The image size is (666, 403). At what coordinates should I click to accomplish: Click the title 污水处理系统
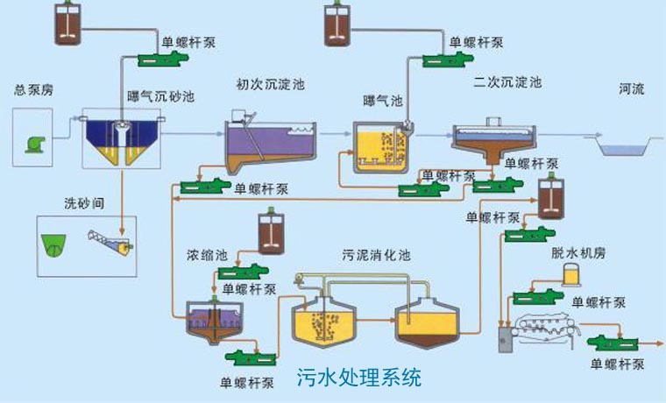[x=359, y=378]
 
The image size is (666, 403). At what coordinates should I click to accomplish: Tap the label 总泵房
[x=32, y=90]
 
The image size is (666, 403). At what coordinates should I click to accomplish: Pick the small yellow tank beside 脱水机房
[x=571, y=278]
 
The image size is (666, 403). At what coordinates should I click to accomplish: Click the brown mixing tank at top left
[x=66, y=25]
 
